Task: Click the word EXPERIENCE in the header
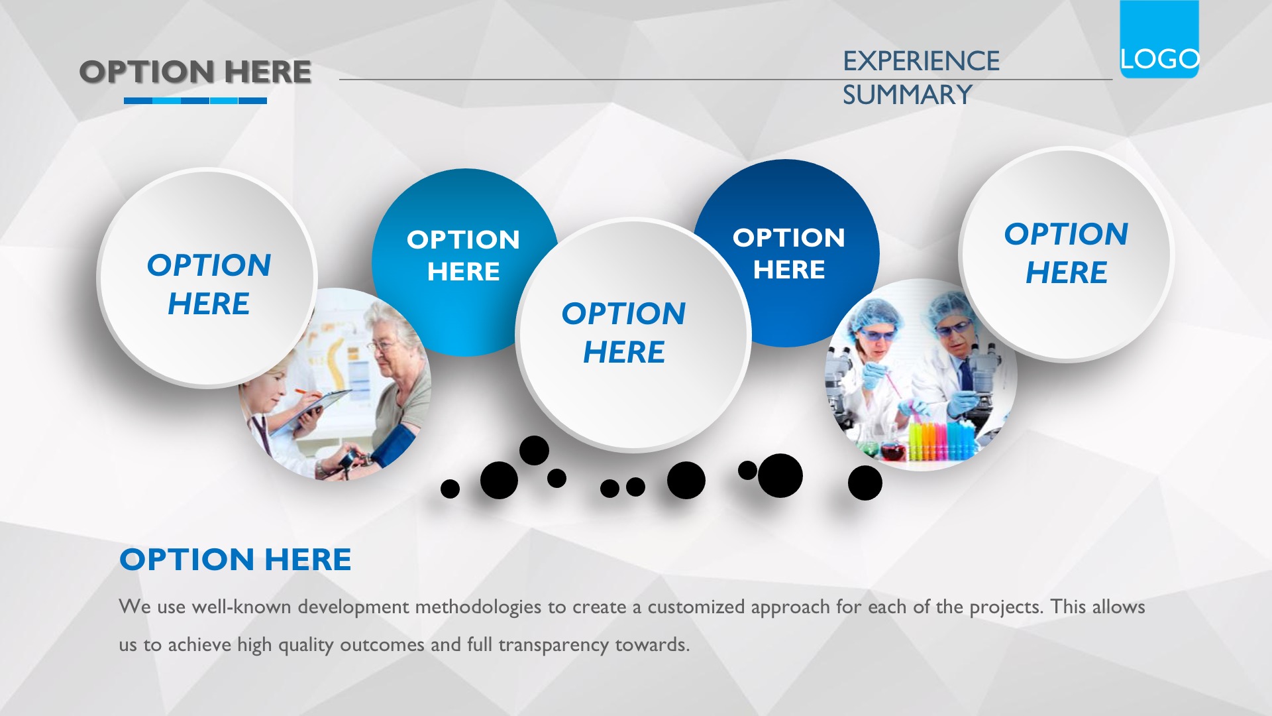pyautogui.click(x=921, y=61)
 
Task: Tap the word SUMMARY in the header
pyautogui.click(x=907, y=95)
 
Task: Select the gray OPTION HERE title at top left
pyautogui.click(x=195, y=72)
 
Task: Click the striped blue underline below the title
pyautogui.click(x=195, y=101)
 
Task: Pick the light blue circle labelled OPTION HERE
pyautogui.click(x=464, y=262)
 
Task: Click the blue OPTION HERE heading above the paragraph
pyautogui.click(x=235, y=560)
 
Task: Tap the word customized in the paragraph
pyautogui.click(x=696, y=607)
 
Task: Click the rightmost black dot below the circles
pyautogui.click(x=865, y=483)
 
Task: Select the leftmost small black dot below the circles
pyautogui.click(x=450, y=489)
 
